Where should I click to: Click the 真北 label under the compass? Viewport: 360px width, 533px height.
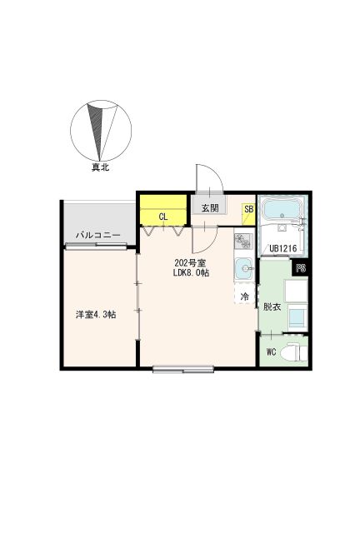click(100, 167)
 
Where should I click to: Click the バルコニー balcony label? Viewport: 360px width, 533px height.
click(98, 235)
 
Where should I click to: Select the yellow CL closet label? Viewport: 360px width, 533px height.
click(163, 217)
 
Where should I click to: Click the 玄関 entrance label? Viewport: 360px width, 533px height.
click(210, 208)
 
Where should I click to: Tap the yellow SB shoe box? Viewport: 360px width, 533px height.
click(248, 214)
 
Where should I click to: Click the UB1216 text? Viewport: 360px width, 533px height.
click(283, 248)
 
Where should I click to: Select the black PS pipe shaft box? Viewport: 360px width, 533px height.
click(301, 268)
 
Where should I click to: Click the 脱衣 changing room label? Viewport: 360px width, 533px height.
click(272, 306)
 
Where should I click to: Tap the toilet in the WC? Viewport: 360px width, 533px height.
click(294, 352)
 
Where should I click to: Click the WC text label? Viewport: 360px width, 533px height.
click(271, 351)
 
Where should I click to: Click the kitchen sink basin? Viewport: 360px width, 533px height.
click(244, 268)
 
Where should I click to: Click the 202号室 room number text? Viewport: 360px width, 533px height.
click(190, 263)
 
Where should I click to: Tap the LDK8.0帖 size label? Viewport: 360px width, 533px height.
click(191, 272)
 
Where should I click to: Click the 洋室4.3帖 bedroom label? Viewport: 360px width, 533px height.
click(96, 315)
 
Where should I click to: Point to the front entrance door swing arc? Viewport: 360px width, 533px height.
click(217, 174)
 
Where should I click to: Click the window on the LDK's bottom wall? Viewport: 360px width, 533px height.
click(183, 369)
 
